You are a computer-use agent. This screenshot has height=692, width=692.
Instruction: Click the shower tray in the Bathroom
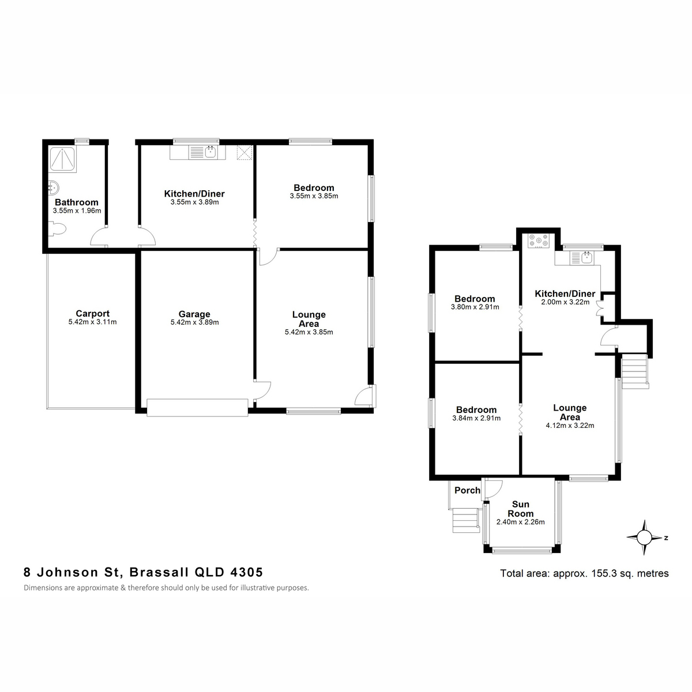click(x=62, y=159)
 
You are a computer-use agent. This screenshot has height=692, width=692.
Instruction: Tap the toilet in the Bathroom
click(x=58, y=229)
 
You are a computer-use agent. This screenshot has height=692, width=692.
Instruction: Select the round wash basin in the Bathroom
click(x=54, y=187)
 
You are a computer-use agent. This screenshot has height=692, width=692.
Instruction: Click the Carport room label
click(x=92, y=314)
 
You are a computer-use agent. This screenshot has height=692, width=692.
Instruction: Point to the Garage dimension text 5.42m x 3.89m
click(x=195, y=322)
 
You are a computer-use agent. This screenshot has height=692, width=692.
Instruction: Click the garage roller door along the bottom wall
click(x=197, y=407)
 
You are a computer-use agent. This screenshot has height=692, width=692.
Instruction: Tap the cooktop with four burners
click(x=538, y=240)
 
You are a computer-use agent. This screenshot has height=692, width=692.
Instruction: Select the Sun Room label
click(x=520, y=509)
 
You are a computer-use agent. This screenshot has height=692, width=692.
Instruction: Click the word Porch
click(x=467, y=490)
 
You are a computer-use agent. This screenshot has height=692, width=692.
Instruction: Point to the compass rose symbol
click(x=644, y=537)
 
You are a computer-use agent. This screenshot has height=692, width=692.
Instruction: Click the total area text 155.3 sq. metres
click(x=630, y=573)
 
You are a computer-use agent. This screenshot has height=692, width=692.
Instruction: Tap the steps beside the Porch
click(x=466, y=520)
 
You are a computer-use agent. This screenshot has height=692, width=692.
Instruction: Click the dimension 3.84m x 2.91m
click(x=476, y=418)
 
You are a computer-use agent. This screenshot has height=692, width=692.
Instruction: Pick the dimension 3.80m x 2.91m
click(x=475, y=307)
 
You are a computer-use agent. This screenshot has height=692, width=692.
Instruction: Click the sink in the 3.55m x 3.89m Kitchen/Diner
click(x=210, y=152)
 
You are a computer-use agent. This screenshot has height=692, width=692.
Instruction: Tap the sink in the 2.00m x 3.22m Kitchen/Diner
click(x=587, y=257)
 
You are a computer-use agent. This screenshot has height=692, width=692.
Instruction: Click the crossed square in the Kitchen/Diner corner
click(x=244, y=152)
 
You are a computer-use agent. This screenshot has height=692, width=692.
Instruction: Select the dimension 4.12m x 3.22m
click(x=570, y=426)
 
